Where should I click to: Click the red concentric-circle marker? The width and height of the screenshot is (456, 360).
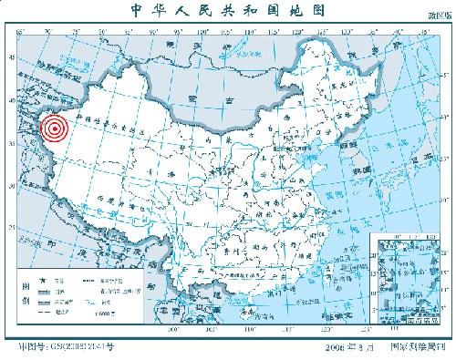click(x=55, y=128)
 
